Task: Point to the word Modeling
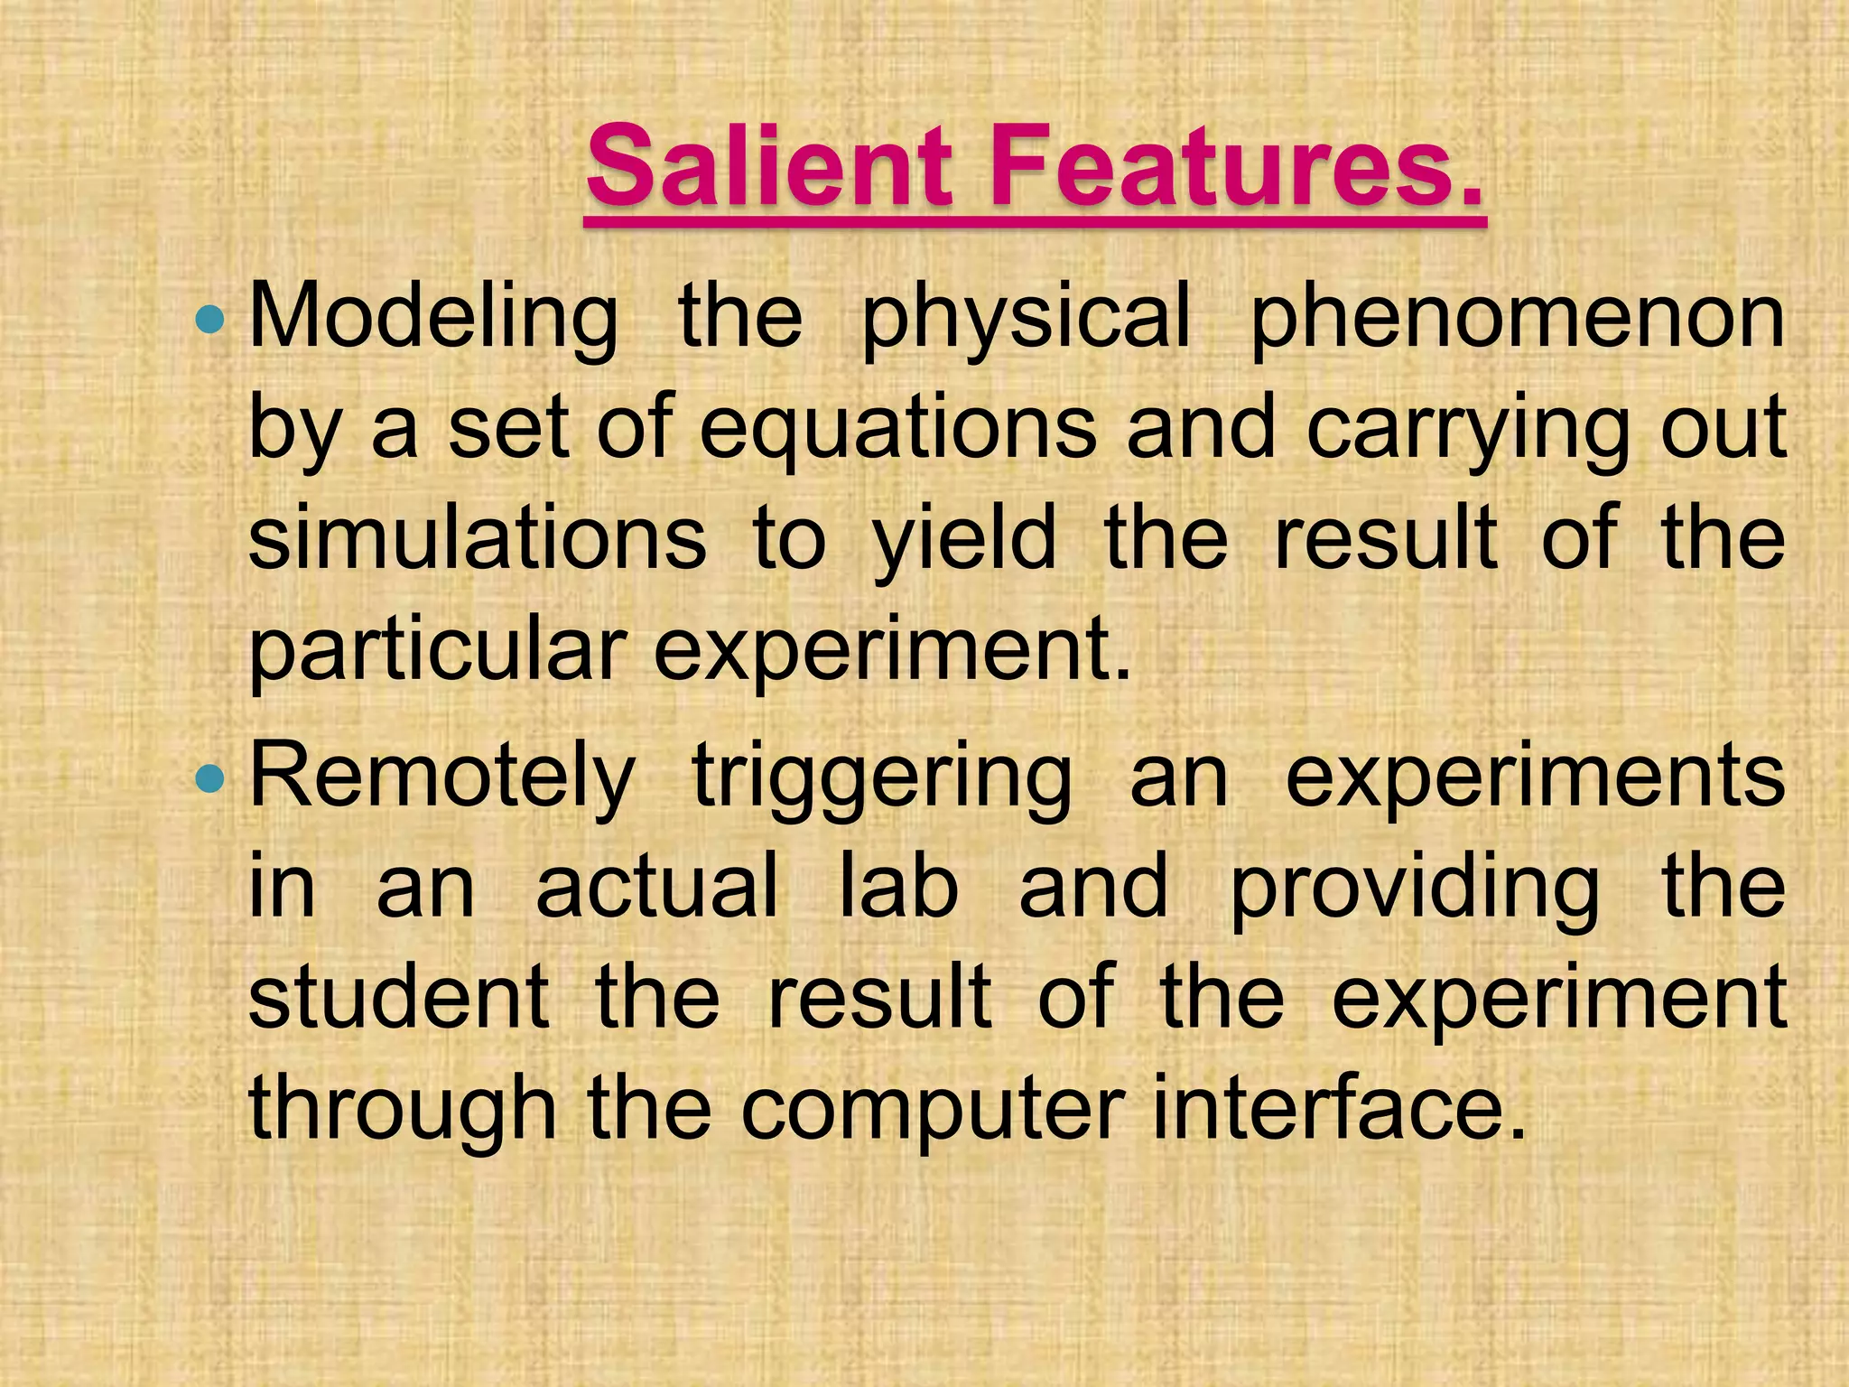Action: (433, 319)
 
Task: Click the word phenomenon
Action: (1517, 319)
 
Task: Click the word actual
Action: (656, 888)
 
